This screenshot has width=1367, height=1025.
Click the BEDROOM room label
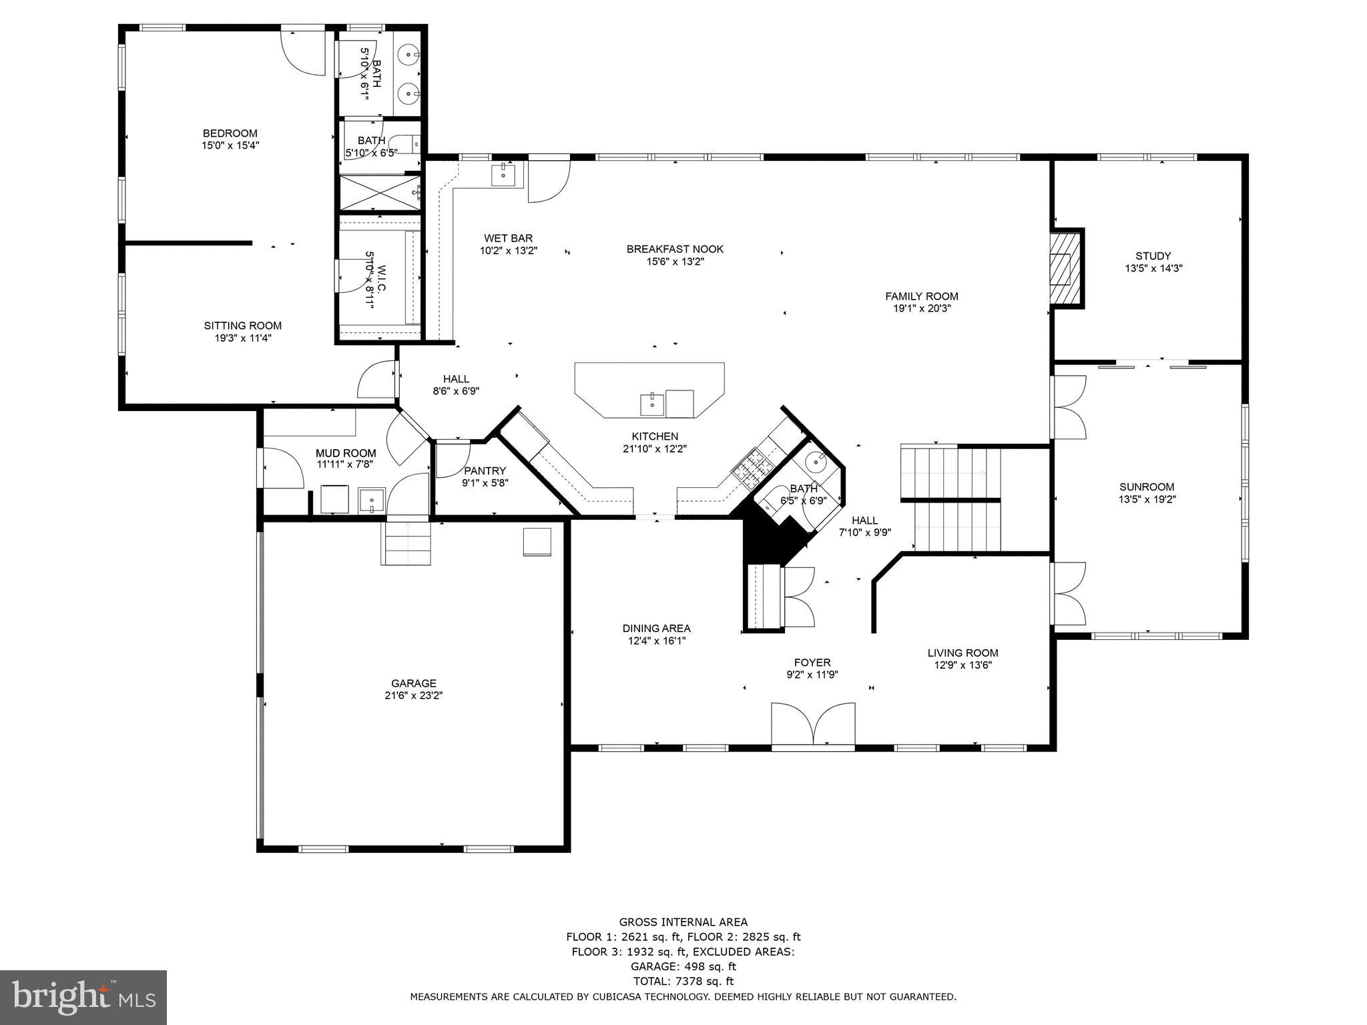point(230,133)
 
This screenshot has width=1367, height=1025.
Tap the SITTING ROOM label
point(242,326)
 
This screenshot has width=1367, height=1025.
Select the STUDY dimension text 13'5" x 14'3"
point(1153,268)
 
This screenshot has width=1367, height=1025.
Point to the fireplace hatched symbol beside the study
point(1061,270)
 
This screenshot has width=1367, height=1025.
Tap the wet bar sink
point(503,176)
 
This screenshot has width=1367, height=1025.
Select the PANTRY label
point(485,470)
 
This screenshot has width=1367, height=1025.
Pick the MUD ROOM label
point(346,453)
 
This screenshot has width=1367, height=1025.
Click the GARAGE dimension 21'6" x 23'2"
point(413,695)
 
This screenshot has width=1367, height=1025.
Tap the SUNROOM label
point(1147,487)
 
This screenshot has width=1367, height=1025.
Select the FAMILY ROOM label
point(921,296)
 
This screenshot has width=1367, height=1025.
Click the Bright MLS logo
point(83,997)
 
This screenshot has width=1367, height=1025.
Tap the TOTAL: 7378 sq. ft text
point(683,981)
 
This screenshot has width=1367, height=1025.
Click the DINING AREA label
point(656,629)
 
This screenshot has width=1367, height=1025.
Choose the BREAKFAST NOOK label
point(674,249)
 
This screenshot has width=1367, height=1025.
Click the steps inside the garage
point(407,543)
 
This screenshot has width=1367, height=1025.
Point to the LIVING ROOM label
point(963,653)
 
